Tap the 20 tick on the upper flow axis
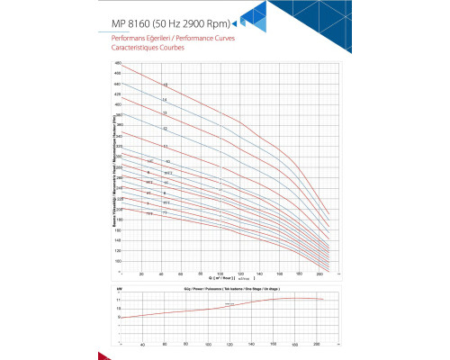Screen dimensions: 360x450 141,274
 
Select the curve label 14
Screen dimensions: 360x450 165,99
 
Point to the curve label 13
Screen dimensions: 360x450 165,113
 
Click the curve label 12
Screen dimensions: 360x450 165,129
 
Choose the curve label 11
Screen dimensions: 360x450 165,146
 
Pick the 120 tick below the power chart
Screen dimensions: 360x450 229,344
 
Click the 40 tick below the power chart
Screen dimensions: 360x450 141,344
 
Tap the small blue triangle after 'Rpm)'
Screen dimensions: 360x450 235,23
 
